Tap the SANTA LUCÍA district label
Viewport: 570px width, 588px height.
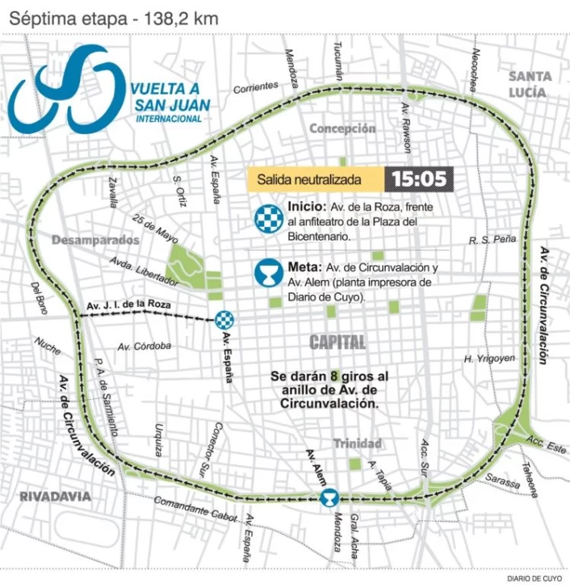point(530,84)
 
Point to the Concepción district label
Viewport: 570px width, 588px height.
point(342,128)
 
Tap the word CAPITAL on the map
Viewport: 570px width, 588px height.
point(337,342)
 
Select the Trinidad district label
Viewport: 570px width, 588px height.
point(358,443)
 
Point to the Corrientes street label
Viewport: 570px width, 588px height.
point(256,86)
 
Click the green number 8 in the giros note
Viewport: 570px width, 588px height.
point(333,376)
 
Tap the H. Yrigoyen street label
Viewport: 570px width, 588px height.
point(489,359)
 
